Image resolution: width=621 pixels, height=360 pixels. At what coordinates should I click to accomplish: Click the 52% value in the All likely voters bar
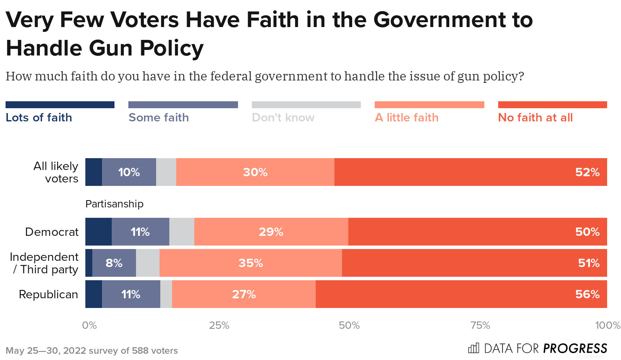click(x=587, y=172)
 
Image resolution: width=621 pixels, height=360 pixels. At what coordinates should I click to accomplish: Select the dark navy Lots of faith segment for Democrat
click(x=98, y=232)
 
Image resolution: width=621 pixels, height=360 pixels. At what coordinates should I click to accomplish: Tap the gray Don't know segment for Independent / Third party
click(x=147, y=263)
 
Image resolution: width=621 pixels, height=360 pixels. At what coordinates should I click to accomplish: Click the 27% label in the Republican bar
click(x=244, y=294)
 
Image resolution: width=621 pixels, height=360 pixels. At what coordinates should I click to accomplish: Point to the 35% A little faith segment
click(x=250, y=263)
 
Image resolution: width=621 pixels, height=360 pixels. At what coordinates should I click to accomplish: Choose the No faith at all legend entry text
click(x=535, y=118)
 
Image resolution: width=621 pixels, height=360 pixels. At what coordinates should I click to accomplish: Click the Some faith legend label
click(x=159, y=118)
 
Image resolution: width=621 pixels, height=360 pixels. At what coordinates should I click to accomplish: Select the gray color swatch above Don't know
click(x=306, y=105)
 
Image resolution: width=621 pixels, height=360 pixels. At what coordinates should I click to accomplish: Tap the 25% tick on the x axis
click(x=219, y=325)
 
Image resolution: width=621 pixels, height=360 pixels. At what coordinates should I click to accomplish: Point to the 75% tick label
click(x=480, y=325)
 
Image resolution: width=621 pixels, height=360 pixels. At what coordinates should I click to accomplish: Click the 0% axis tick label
click(x=89, y=325)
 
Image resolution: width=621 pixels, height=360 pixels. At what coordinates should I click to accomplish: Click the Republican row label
click(x=48, y=294)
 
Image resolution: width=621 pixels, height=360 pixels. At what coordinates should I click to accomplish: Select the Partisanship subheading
click(x=114, y=204)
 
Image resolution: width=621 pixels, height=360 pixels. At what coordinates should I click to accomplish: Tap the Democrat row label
click(x=52, y=232)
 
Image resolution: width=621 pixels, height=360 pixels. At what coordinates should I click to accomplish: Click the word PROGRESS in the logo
click(x=575, y=348)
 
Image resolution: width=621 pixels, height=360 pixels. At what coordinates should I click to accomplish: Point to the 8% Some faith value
click(x=114, y=263)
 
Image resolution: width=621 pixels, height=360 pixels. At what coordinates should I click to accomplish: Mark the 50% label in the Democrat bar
click(x=587, y=232)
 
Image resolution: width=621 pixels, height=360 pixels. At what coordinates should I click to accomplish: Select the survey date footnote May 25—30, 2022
click(x=45, y=351)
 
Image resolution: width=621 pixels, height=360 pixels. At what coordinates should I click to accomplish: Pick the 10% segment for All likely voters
click(x=129, y=172)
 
